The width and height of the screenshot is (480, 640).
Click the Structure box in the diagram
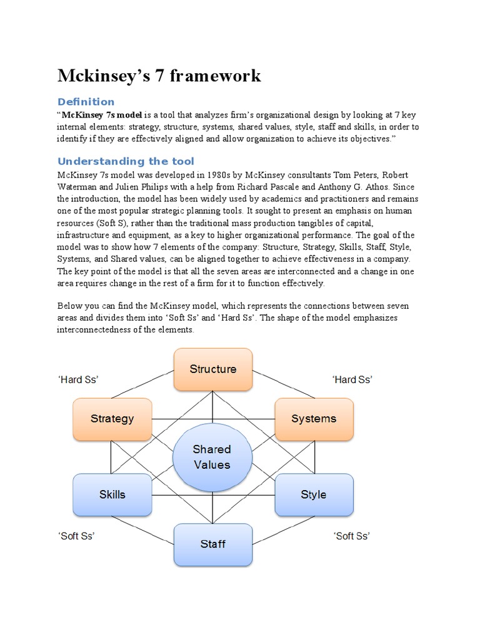212,369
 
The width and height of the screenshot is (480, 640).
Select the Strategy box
112,419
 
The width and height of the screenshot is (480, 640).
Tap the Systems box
314,419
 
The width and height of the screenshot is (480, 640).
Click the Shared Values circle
212,457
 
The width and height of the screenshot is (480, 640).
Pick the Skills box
112,494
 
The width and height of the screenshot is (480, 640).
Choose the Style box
314,494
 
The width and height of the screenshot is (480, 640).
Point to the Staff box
212,544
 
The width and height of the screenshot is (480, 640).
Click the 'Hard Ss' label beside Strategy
79,379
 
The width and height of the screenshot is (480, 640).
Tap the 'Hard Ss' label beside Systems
352,379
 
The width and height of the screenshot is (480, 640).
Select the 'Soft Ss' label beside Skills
76,536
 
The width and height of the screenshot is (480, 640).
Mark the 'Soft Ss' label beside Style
351,536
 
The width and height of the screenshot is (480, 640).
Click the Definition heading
86,102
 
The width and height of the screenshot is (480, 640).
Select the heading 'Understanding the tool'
126,161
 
